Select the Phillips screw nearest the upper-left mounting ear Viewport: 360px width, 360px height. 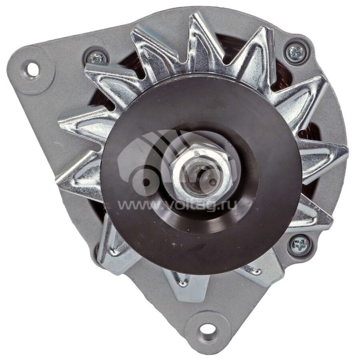96,58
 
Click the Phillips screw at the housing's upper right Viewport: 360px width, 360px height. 297,52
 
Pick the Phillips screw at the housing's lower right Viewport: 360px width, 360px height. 299,246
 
